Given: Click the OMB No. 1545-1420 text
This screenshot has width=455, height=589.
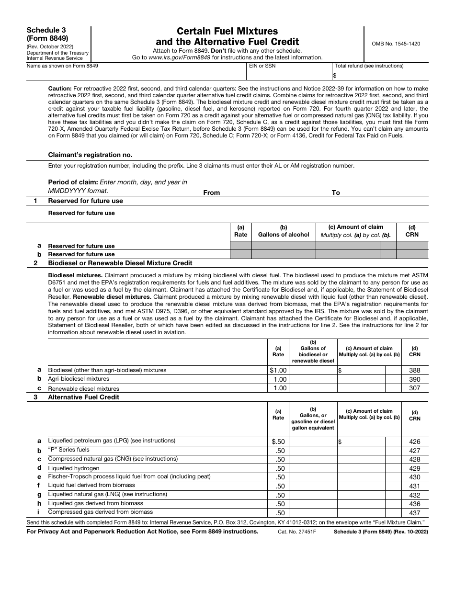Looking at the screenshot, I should (396, 44).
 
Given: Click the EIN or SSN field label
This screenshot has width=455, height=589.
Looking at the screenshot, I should (262, 66).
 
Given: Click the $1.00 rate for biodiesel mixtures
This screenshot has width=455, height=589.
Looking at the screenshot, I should (278, 370).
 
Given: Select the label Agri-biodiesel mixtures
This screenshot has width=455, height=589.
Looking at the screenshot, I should (79, 379).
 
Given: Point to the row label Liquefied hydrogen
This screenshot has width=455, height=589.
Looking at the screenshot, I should (74, 468).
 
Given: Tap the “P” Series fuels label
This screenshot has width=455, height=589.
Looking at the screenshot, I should (68, 450).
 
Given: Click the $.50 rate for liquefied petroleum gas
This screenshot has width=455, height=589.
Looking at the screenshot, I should (278, 442).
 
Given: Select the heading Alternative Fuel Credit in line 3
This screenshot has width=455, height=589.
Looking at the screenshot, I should (83, 397).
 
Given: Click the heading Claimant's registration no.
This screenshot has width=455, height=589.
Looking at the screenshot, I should (90, 155).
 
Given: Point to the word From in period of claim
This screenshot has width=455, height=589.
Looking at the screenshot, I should (211, 193).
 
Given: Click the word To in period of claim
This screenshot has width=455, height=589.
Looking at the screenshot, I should (336, 193).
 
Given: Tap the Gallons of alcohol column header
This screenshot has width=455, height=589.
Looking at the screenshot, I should (284, 235).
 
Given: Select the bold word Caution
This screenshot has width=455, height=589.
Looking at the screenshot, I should (60, 89).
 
